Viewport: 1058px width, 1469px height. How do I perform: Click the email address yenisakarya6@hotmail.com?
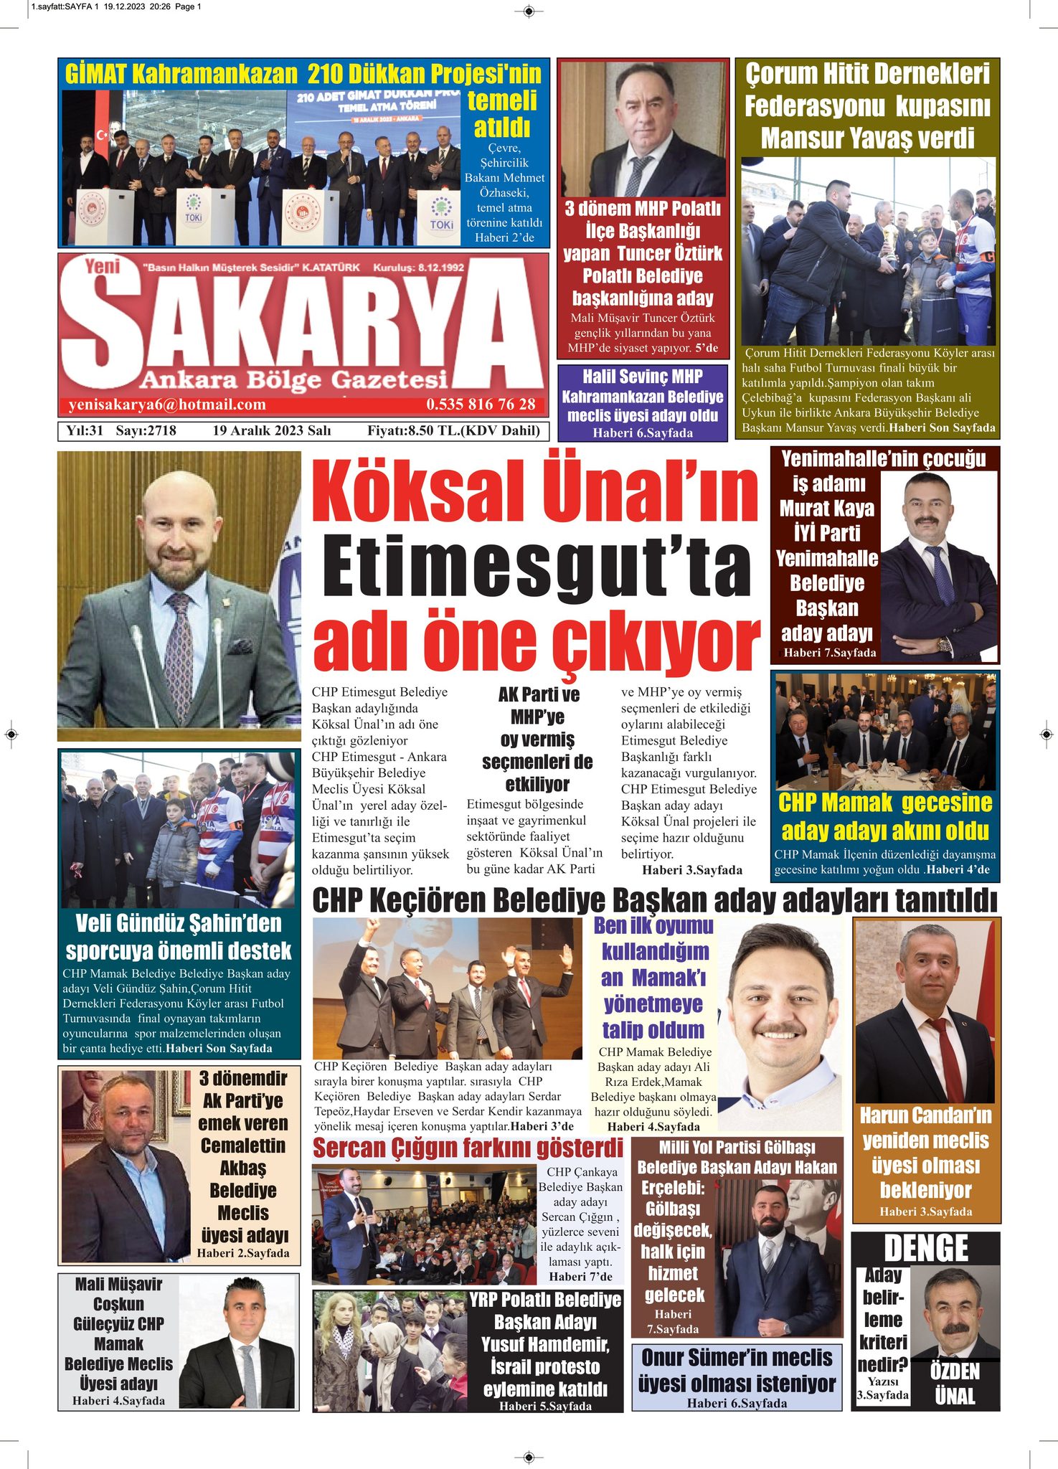tap(167, 405)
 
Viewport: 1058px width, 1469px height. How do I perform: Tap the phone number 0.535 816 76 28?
tap(481, 405)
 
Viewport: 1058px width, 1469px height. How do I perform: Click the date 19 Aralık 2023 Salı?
tap(271, 430)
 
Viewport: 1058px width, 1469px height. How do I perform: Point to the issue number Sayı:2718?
tap(146, 430)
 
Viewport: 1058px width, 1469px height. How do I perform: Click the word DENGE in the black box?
tap(926, 1249)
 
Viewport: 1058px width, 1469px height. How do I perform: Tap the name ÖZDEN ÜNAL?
tap(955, 1384)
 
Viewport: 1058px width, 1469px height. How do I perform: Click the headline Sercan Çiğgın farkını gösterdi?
tap(468, 1148)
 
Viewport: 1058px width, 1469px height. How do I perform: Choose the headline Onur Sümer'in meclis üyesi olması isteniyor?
tap(737, 1370)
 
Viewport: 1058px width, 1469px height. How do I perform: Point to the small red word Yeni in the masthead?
tap(102, 267)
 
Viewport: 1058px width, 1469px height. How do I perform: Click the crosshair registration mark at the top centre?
tap(529, 11)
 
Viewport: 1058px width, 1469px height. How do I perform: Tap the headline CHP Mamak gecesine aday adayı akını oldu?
tap(885, 816)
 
